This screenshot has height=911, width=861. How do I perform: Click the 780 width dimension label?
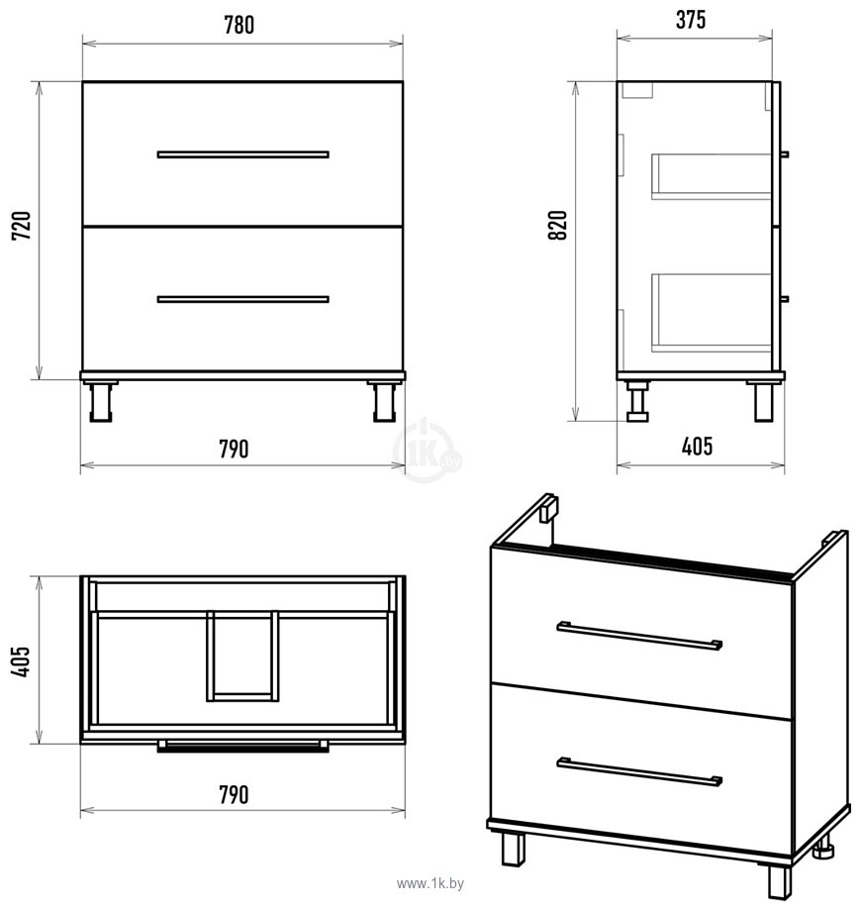(x=239, y=25)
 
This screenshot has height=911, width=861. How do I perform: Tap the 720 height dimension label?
(x=22, y=226)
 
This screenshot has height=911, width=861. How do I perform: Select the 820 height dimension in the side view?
(x=557, y=226)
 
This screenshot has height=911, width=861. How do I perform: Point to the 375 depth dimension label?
(x=691, y=20)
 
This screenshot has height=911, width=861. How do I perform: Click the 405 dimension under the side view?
(x=697, y=447)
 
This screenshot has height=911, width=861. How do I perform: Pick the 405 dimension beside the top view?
(x=21, y=660)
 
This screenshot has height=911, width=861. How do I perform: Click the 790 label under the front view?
(x=234, y=450)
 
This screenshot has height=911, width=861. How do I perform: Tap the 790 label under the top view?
(x=234, y=795)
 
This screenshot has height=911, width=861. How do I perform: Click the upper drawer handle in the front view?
(x=242, y=154)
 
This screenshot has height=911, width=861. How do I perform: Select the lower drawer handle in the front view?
(x=242, y=299)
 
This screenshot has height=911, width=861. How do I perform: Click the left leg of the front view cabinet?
(x=100, y=401)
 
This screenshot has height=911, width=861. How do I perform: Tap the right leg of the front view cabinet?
(x=384, y=401)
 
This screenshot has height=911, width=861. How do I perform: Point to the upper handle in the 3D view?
(x=639, y=635)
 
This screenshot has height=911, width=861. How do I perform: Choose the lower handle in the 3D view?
(x=639, y=771)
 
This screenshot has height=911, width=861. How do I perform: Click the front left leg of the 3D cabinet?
(x=513, y=850)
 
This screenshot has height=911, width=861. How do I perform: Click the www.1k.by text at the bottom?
(x=430, y=883)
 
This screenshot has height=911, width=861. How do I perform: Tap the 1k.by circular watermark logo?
(x=428, y=451)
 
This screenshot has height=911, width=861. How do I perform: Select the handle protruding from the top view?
(x=242, y=746)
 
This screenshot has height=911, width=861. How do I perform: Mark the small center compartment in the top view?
(x=242, y=656)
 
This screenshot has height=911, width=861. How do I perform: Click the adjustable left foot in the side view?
(x=638, y=401)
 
